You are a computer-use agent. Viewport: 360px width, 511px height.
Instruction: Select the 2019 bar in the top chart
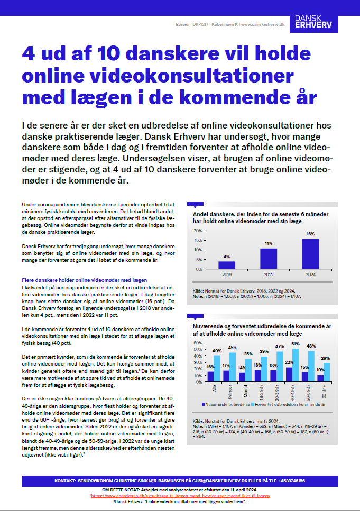227,264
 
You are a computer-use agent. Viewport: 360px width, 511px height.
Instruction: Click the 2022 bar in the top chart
269,258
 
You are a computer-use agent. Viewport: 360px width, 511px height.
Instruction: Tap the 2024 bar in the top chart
310,253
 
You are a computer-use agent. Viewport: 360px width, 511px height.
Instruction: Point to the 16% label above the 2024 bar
310,234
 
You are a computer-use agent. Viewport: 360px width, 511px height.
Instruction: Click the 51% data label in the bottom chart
295,344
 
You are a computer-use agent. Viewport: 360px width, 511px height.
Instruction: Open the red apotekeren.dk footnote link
180,496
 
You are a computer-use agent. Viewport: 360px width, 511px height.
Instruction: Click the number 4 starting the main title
28,55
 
